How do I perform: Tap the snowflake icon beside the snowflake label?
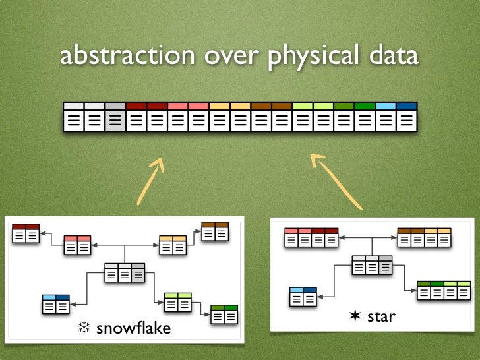(84, 328)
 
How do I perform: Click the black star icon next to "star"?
(355, 316)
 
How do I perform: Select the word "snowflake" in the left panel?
(133, 327)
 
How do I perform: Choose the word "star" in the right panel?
(380, 316)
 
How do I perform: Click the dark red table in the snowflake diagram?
(26, 233)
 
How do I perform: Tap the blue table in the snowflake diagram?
(55, 303)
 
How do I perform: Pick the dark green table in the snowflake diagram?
(224, 314)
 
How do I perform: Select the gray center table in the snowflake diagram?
(125, 272)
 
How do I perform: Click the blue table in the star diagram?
(303, 297)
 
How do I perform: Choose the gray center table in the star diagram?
(372, 264)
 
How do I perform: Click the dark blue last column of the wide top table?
(407, 117)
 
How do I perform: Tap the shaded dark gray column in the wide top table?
(115, 117)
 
